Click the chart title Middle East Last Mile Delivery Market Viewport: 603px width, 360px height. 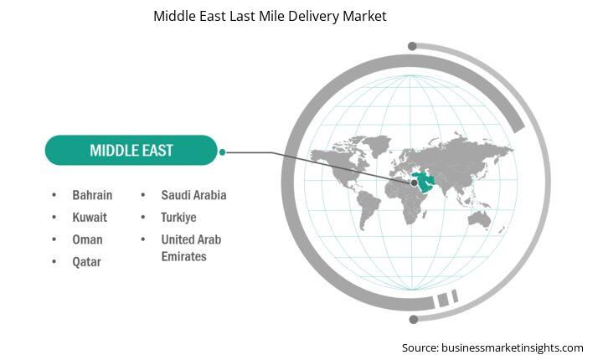coord(270,16)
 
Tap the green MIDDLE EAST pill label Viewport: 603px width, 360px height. coord(131,150)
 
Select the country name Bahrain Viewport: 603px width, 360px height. coord(92,195)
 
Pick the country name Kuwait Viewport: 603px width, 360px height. coord(90,218)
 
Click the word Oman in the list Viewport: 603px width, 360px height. coord(87,239)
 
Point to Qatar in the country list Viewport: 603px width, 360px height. coord(86,262)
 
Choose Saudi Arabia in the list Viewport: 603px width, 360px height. coord(193,195)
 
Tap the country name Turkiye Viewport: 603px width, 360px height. coord(178,218)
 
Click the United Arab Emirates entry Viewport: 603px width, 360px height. coord(191,248)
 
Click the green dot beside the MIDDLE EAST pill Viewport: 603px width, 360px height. coord(222,152)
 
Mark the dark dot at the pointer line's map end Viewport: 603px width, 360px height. coord(415,183)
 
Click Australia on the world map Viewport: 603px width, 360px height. coord(479,219)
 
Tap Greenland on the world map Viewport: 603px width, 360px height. coord(377,145)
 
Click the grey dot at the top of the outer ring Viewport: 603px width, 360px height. coord(412,46)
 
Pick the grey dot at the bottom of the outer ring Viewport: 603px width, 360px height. coord(414,319)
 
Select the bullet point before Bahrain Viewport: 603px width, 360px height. coord(54,195)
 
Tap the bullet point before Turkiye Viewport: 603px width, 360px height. coord(142,218)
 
